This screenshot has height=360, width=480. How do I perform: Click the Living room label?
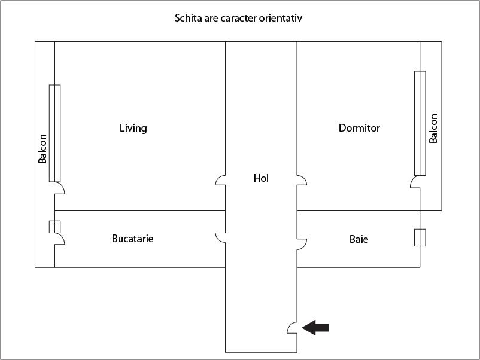click(x=133, y=128)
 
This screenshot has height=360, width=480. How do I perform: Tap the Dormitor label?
click(x=359, y=128)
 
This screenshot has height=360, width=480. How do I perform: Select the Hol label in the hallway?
click(x=261, y=178)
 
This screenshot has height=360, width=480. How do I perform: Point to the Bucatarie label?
click(x=132, y=239)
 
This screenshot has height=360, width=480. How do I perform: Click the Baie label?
click(x=359, y=239)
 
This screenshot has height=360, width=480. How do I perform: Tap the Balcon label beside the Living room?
click(x=42, y=149)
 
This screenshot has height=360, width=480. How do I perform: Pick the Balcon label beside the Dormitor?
click(x=433, y=129)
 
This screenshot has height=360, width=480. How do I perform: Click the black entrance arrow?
click(x=315, y=328)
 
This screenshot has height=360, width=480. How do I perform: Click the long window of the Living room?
click(x=55, y=133)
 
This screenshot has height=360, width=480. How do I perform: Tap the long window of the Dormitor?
click(x=420, y=123)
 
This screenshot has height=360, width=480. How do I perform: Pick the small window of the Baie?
click(x=420, y=237)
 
